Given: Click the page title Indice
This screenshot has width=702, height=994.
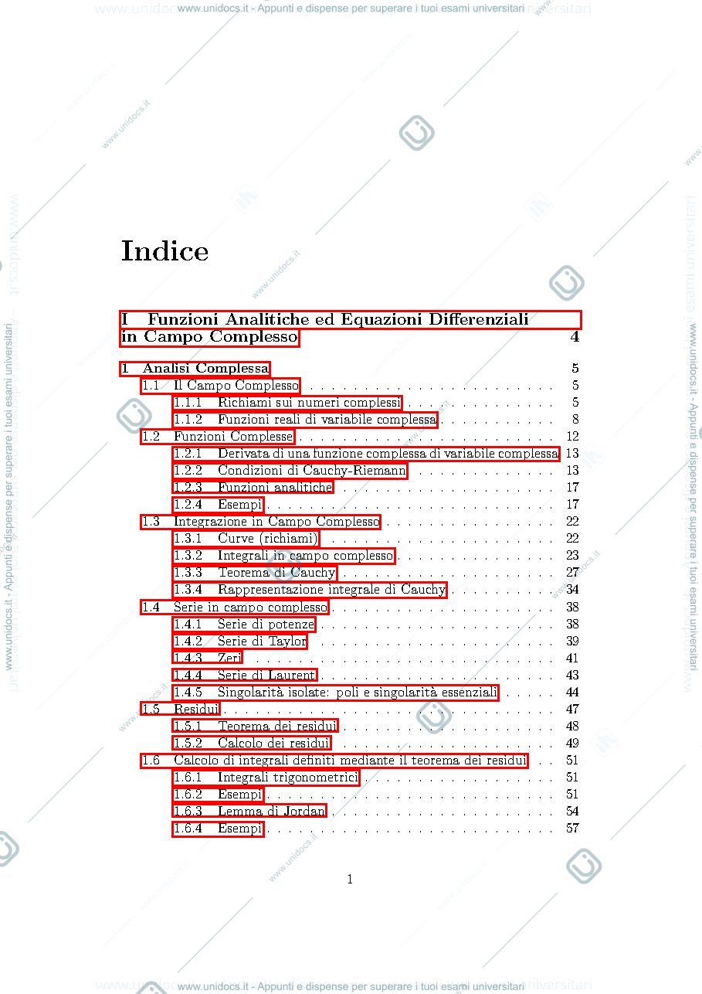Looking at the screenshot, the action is [x=164, y=251].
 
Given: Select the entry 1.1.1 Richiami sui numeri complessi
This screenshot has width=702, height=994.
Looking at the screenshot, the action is [x=287, y=403].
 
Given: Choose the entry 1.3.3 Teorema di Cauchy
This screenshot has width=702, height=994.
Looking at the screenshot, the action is [x=255, y=573].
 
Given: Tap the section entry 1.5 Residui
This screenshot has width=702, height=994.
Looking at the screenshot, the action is [x=181, y=709].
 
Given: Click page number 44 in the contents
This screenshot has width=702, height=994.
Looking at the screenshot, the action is [x=572, y=693].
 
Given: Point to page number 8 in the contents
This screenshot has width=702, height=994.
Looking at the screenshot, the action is [x=575, y=420].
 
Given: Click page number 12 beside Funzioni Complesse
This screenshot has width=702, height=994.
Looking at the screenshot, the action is [x=572, y=436].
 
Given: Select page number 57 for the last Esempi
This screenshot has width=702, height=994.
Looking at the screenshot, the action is [x=572, y=828].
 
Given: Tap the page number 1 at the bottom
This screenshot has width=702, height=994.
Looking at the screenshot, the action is [x=350, y=879].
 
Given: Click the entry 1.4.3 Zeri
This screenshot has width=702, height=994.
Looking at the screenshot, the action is [x=208, y=658].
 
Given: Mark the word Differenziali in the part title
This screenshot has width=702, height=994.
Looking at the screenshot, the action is [x=479, y=319].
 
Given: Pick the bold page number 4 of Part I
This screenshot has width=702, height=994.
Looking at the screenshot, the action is [x=575, y=337].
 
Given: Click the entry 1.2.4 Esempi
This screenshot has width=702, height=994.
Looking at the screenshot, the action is [x=219, y=505].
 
